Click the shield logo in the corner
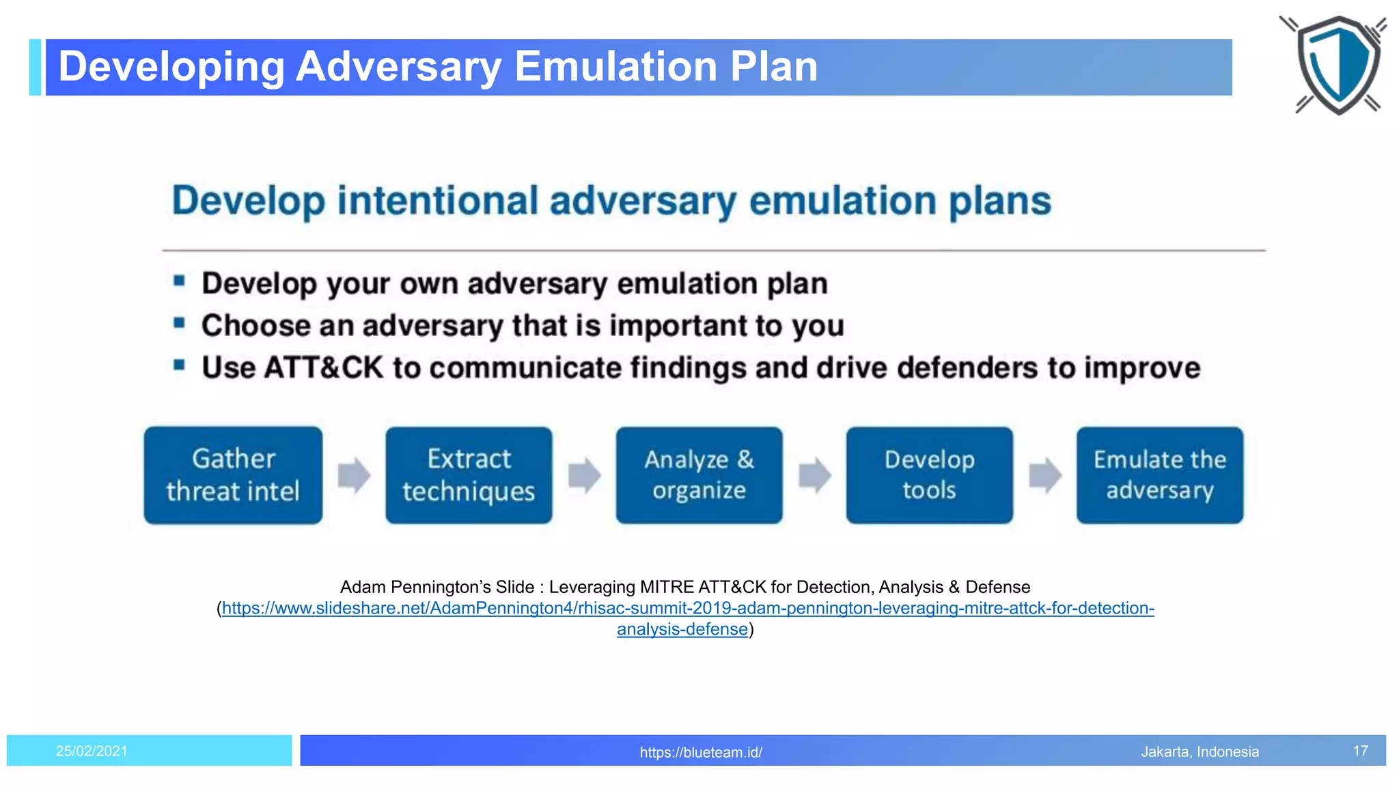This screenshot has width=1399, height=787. pos(1336,65)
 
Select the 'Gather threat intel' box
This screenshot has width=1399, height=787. pos(233,475)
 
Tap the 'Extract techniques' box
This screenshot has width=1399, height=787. pos(469,475)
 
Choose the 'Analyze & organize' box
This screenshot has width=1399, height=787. pos(699,475)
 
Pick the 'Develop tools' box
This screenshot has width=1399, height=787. pos(929,475)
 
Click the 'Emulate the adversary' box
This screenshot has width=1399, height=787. pos(1159,475)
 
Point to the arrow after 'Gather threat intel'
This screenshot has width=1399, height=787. pos(354,475)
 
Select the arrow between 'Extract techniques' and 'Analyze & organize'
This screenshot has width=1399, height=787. pos(584,475)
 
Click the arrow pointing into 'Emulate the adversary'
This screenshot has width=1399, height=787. pos(1044,475)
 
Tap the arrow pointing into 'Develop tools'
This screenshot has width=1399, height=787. pos(814,475)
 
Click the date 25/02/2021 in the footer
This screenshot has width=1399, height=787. pos(92,751)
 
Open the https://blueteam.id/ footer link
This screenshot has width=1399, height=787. pos(701,752)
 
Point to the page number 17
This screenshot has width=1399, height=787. pos(1360,751)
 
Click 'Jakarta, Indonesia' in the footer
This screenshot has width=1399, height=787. pos(1200,751)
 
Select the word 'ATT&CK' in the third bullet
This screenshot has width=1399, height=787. pos(323,368)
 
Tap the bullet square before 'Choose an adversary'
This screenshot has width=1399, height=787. pos(180,322)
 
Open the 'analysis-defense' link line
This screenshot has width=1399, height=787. pos(682,629)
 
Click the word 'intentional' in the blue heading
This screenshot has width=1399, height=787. pos(438,201)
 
